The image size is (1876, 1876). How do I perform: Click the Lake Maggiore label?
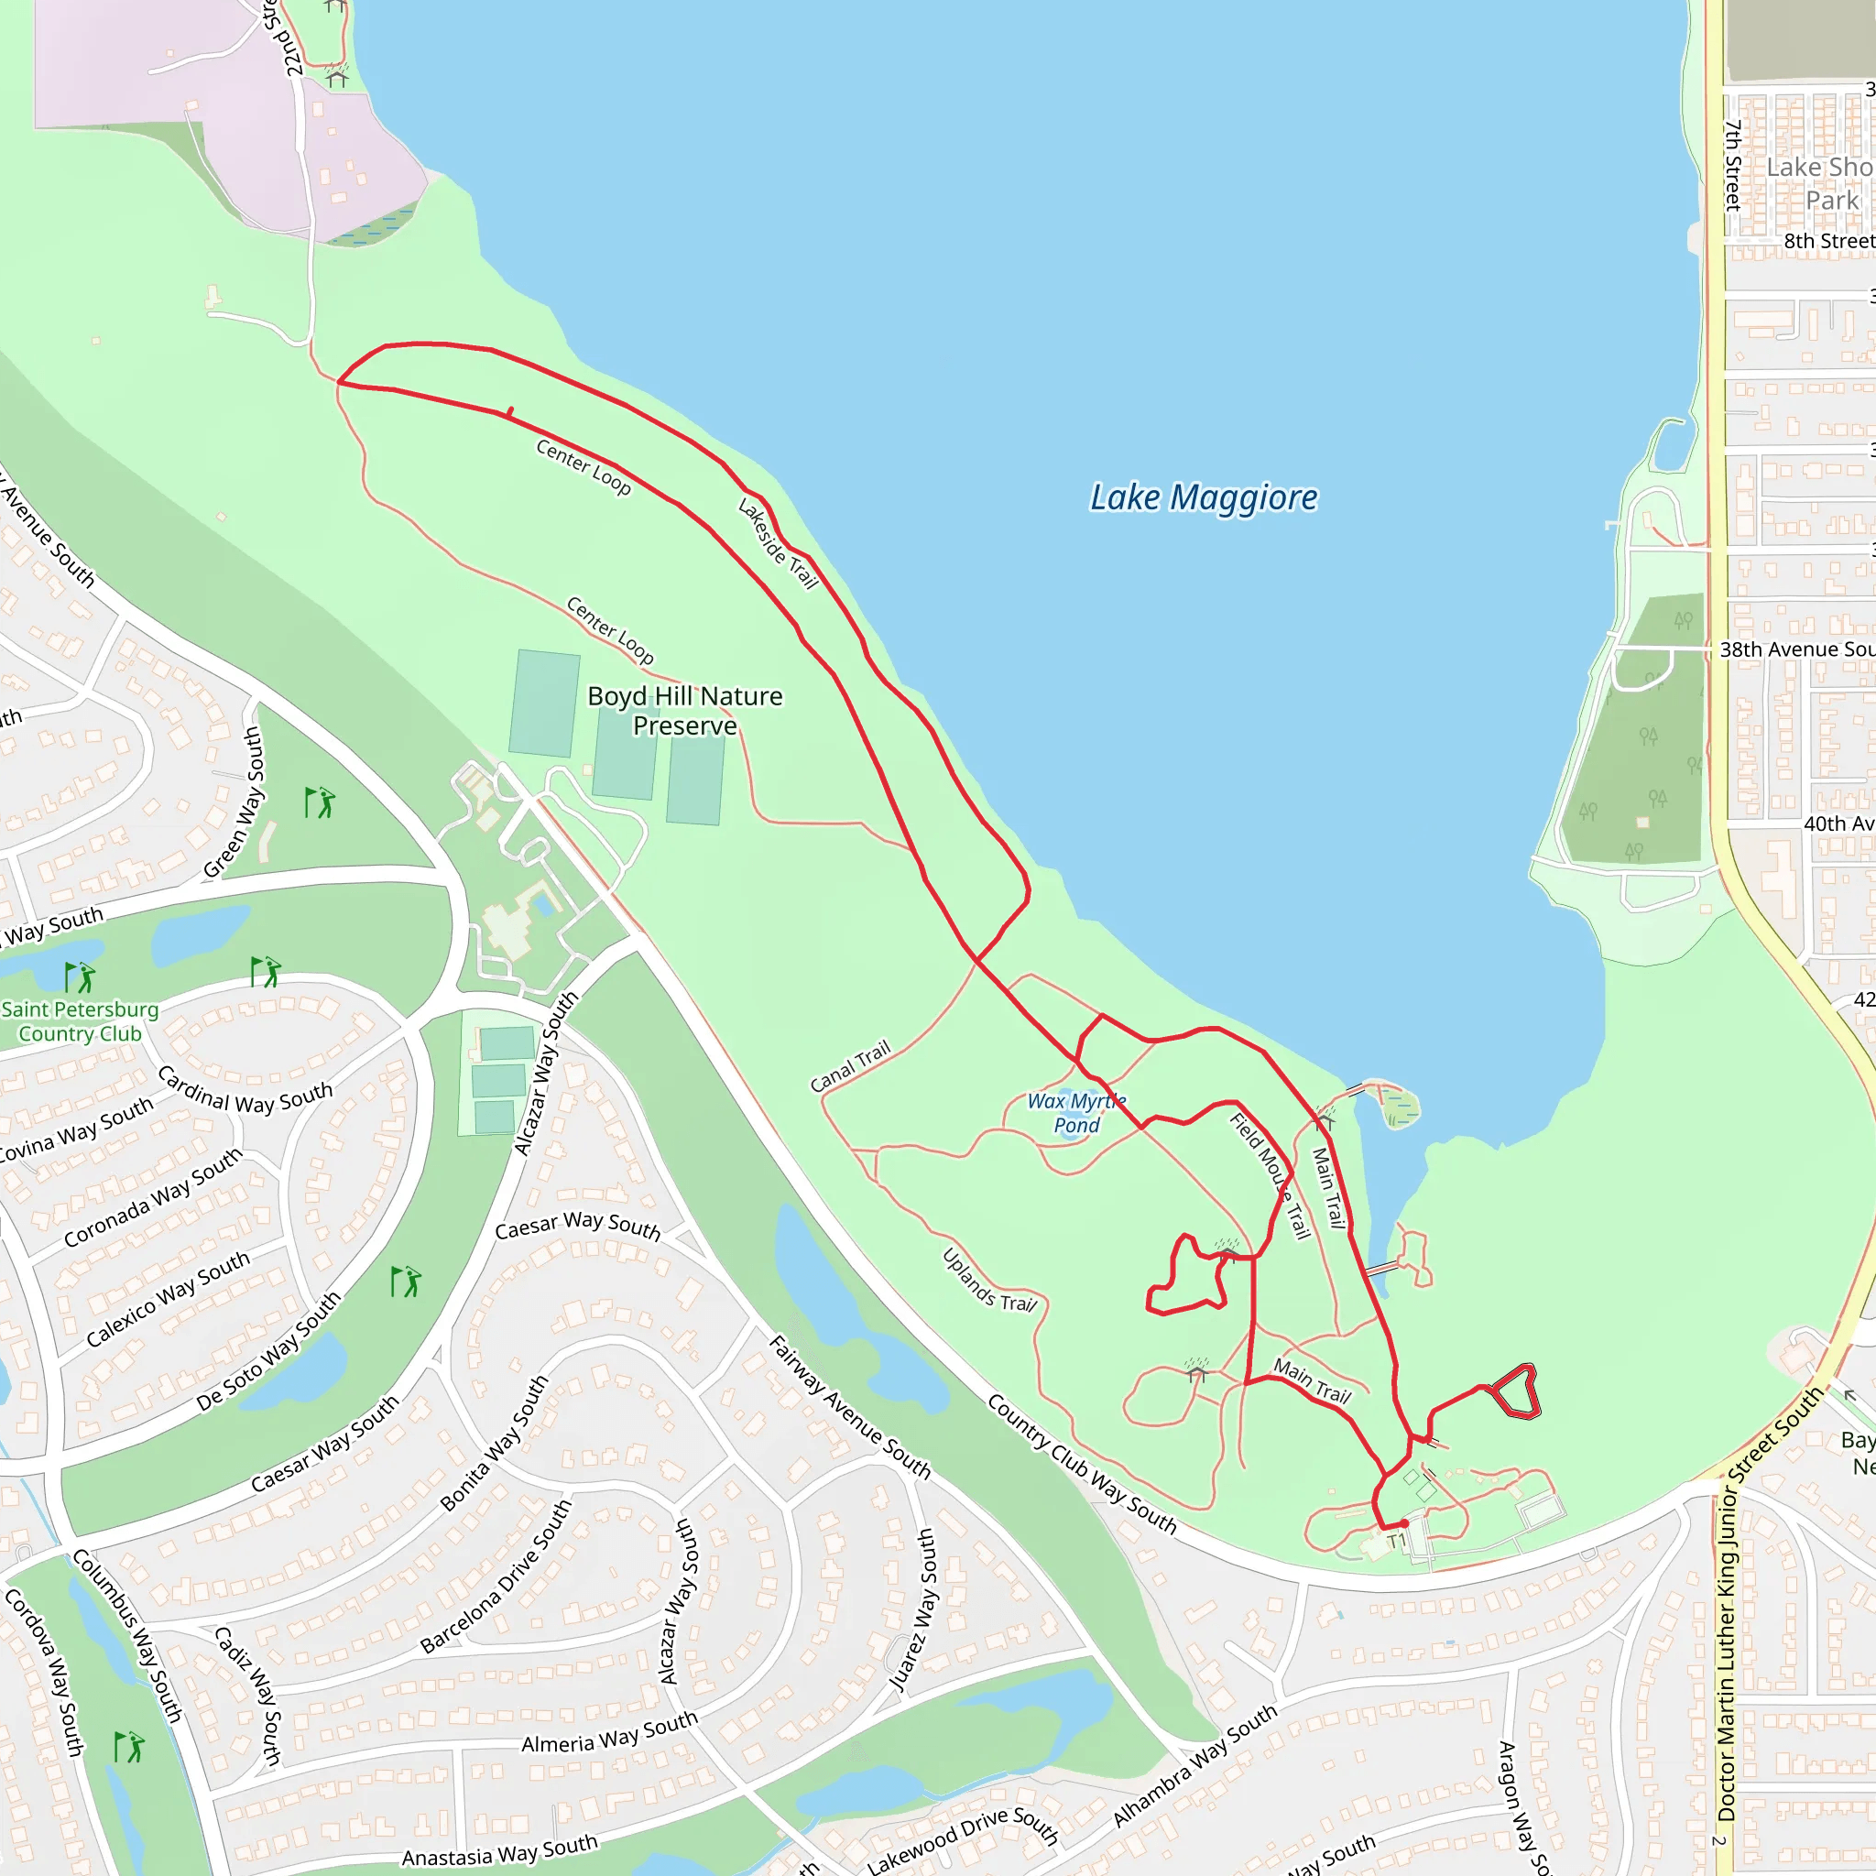[1203, 497]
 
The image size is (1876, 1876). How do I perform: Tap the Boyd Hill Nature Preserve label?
[684, 711]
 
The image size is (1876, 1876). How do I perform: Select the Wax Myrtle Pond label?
[1076, 1113]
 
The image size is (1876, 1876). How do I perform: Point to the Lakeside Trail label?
[778, 544]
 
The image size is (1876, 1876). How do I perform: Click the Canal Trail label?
[850, 1066]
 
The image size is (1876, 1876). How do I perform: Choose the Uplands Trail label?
[989, 1280]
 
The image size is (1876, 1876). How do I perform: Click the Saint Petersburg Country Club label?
[80, 1021]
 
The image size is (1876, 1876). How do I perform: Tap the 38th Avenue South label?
[1795, 649]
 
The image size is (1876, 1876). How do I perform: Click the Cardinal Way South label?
[245, 1090]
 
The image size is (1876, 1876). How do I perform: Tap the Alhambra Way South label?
[1194, 1765]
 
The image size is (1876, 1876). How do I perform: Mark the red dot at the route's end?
[1404, 1523]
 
